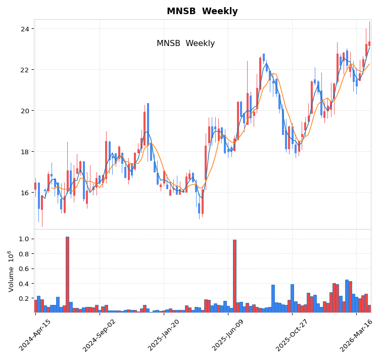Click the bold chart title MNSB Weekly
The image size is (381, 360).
pyautogui.click(x=202, y=11)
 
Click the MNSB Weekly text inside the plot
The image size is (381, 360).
pyautogui.click(x=185, y=43)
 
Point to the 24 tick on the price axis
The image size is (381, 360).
pyautogui.click(x=25, y=29)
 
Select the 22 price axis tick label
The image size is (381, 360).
pyautogui.click(x=25, y=70)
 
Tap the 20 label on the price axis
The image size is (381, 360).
pyautogui.click(x=25, y=111)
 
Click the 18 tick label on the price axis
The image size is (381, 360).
pyautogui.click(x=25, y=152)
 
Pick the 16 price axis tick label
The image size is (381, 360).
pyautogui.click(x=25, y=193)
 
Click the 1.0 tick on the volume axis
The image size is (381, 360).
pyautogui.click(x=26, y=239)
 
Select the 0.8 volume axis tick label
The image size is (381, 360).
pyautogui.click(x=26, y=254)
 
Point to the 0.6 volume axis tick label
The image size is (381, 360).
pyautogui.click(x=26, y=268)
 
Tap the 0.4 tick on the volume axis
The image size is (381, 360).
pyautogui.click(x=26, y=284)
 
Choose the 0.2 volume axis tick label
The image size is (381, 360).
pyautogui.click(x=26, y=298)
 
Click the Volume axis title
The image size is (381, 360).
pyautogui.click(x=10, y=271)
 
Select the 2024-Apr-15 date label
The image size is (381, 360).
pyautogui.click(x=35, y=335)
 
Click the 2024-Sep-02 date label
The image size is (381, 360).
pyautogui.click(x=100, y=335)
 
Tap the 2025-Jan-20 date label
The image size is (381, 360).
pyautogui.click(x=164, y=335)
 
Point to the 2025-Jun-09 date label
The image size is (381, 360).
pyautogui.click(x=228, y=335)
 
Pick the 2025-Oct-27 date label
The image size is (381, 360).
pyautogui.click(x=292, y=335)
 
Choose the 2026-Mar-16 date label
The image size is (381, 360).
pyautogui.click(x=356, y=335)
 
